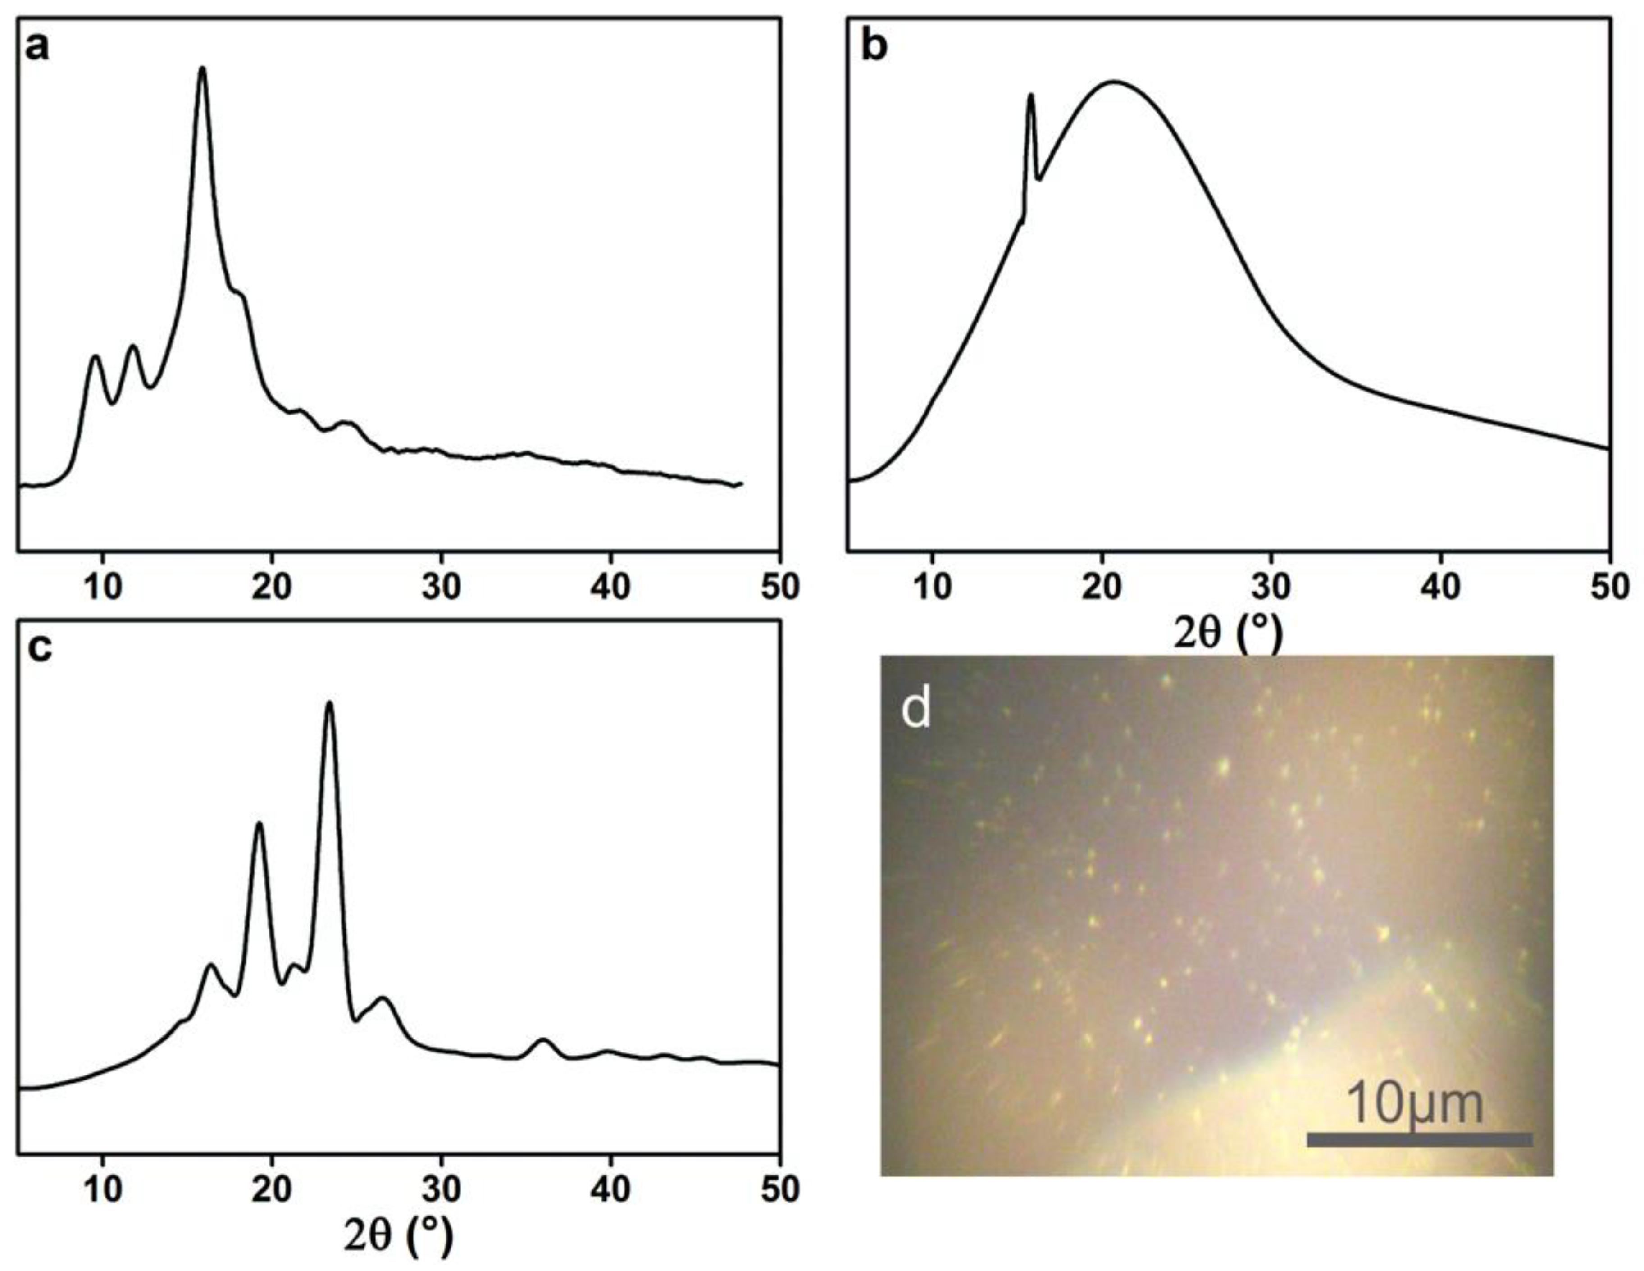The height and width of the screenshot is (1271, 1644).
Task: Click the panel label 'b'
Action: coord(874,47)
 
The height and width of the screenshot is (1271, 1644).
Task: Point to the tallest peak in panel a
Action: coord(202,69)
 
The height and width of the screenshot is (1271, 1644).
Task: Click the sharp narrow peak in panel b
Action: coord(1030,96)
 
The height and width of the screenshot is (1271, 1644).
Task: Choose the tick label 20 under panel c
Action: coord(273,1190)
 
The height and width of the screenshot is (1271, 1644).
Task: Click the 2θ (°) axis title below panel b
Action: coord(1227,634)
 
